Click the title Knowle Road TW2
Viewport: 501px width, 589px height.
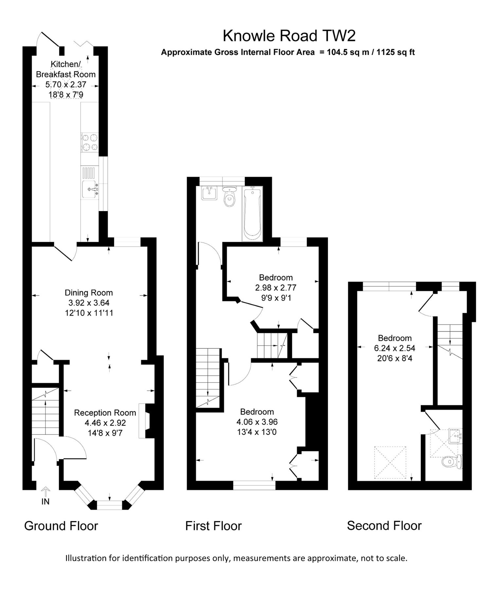click(x=289, y=36)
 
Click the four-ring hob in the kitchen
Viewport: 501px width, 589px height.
click(x=90, y=142)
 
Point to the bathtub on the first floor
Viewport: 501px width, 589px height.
click(x=252, y=213)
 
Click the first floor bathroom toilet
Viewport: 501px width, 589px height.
click(x=230, y=197)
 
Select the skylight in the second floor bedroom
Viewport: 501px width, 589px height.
click(x=390, y=462)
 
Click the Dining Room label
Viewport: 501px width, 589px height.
click(x=89, y=293)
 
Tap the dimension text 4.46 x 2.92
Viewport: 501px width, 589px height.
click(x=105, y=423)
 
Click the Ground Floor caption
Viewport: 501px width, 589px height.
click(x=61, y=526)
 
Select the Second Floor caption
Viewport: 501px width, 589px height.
click(x=384, y=526)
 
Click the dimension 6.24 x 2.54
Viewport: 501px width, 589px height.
click(x=394, y=348)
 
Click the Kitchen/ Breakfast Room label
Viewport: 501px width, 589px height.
click(x=66, y=69)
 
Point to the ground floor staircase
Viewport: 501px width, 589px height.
click(x=45, y=411)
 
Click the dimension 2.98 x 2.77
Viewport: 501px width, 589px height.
click(x=276, y=288)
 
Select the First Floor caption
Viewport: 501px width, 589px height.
click(x=213, y=526)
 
